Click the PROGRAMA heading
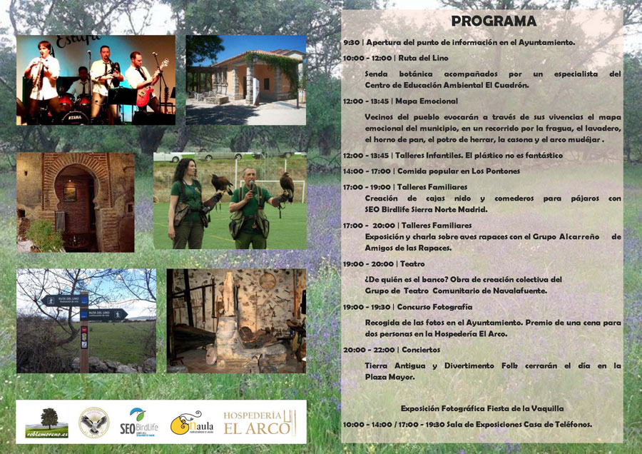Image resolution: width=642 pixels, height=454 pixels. [494, 21]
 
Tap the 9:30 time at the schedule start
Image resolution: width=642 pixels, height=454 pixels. [351, 43]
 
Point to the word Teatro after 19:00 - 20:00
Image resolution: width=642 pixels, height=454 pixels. [412, 264]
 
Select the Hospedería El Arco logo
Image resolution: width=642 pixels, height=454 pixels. [260, 423]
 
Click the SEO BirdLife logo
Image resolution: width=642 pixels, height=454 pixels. [139, 423]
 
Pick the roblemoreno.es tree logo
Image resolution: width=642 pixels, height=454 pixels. [46, 423]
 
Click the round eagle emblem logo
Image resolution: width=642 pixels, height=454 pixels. [93, 423]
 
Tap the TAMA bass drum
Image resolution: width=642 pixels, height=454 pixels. [75, 117]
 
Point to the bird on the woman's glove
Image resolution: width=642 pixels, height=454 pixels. [221, 184]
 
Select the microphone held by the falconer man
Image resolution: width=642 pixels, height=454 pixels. [251, 186]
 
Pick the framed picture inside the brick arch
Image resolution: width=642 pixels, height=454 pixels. [70, 194]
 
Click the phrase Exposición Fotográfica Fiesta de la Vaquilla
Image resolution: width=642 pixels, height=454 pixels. [482, 408]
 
